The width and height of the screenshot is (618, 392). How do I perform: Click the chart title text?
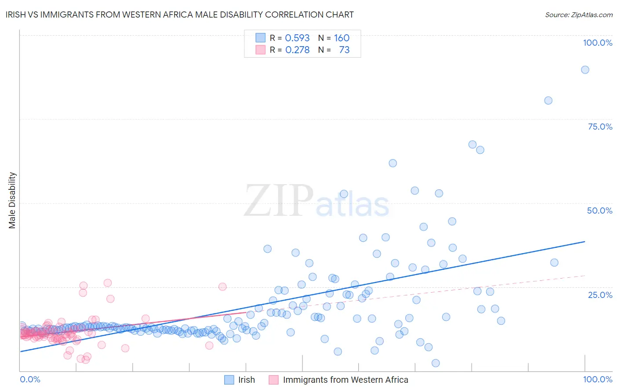(179, 15)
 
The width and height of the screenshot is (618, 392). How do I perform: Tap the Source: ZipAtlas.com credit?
(578, 15)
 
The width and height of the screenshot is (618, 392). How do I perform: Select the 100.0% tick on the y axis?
(597, 43)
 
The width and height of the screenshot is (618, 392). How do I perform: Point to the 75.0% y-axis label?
(600, 127)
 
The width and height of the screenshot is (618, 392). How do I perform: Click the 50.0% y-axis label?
(600, 211)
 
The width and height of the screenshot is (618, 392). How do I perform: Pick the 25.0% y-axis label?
(600, 294)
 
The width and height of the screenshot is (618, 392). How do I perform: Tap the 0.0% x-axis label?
(30, 379)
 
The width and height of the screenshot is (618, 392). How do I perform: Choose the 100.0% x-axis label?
(597, 379)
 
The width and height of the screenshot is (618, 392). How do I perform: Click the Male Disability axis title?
(12, 200)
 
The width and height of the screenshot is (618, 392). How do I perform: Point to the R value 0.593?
(297, 38)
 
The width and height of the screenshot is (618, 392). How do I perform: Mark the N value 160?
(342, 38)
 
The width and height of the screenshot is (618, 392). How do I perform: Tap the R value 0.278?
(297, 50)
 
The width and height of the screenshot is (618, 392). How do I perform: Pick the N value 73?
(344, 50)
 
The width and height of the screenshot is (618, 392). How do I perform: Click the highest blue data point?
(585, 69)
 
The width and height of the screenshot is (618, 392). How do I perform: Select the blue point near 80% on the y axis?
(548, 100)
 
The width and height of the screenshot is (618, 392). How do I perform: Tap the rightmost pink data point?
(222, 287)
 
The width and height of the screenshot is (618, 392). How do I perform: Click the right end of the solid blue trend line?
(585, 242)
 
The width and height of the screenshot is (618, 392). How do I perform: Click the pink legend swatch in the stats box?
(261, 50)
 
